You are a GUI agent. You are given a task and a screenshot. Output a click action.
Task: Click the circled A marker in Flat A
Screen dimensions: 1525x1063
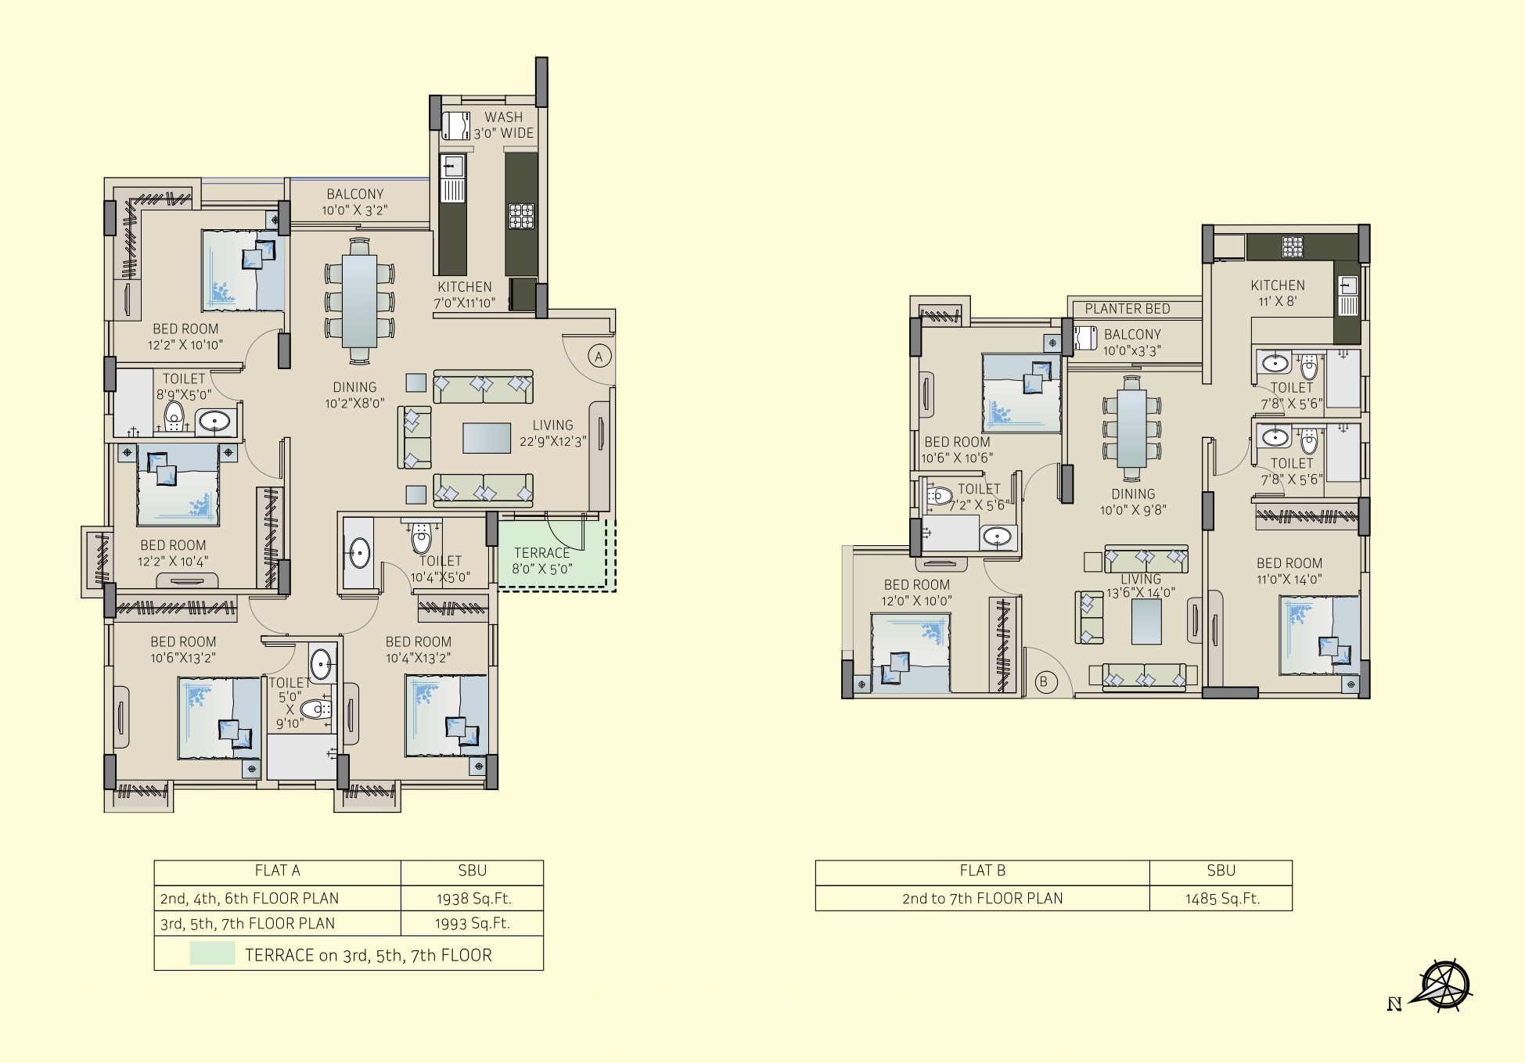[599, 357]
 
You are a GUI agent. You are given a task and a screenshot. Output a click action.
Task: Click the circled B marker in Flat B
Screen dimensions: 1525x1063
[1044, 681]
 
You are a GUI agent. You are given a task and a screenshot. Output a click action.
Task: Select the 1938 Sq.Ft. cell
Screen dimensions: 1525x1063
[472, 898]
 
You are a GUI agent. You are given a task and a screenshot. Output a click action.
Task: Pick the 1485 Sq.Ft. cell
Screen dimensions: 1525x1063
[1221, 898]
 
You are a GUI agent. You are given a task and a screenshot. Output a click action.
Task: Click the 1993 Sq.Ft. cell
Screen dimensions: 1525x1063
[472, 923]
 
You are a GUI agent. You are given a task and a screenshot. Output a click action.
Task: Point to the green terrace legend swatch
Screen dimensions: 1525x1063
[212, 953]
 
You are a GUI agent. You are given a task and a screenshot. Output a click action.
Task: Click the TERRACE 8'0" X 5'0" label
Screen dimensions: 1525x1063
[542, 561]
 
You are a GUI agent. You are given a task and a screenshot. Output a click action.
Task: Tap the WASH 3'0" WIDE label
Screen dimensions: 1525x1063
[504, 125]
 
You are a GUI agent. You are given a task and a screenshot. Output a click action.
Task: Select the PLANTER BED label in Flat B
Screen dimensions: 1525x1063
[1128, 308]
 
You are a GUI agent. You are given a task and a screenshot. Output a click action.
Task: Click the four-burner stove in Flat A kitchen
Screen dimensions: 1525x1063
[522, 216]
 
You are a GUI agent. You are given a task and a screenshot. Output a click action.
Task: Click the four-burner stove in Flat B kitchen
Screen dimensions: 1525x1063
[1293, 247]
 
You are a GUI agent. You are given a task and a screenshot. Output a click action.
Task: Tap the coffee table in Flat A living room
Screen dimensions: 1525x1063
[487, 438]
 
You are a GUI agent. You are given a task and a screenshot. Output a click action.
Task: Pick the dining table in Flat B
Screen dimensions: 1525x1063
[1131, 429]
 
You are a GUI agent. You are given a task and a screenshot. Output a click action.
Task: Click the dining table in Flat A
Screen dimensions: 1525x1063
[359, 301]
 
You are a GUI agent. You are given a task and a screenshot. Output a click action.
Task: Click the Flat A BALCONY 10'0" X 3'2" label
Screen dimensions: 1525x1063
[354, 202]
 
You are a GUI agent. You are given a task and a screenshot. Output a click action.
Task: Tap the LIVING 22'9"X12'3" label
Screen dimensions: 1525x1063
[552, 433]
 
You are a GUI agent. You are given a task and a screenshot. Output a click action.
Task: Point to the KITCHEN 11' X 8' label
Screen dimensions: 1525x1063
[1278, 293]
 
